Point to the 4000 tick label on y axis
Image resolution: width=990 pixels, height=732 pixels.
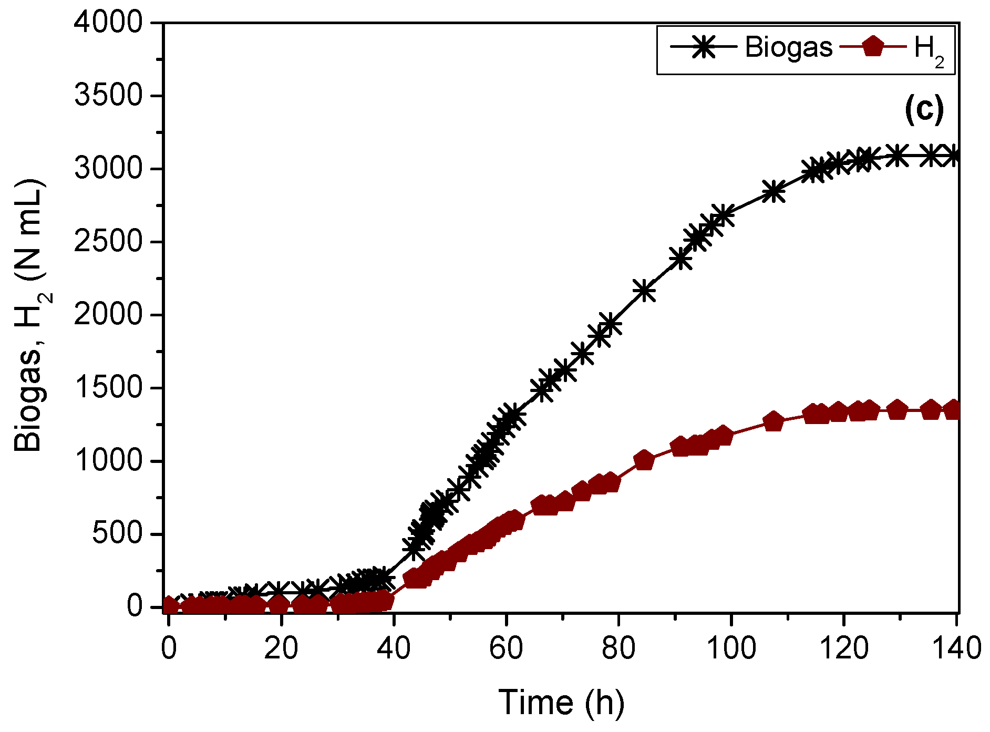(x=108, y=23)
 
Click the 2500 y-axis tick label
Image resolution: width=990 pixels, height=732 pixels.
(x=108, y=242)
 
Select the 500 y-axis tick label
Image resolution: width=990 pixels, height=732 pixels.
(x=117, y=534)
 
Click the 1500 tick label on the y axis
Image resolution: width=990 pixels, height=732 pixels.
(x=108, y=388)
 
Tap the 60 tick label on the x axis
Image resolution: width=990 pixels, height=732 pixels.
(x=506, y=648)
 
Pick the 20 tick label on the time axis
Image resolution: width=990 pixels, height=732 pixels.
(x=281, y=648)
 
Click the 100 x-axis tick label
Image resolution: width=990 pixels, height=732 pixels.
(x=731, y=648)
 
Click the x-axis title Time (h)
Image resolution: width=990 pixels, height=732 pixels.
(x=561, y=702)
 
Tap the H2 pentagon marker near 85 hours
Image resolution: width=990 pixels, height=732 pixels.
(x=644, y=460)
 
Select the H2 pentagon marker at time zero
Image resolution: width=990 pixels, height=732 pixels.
(x=169, y=605)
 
